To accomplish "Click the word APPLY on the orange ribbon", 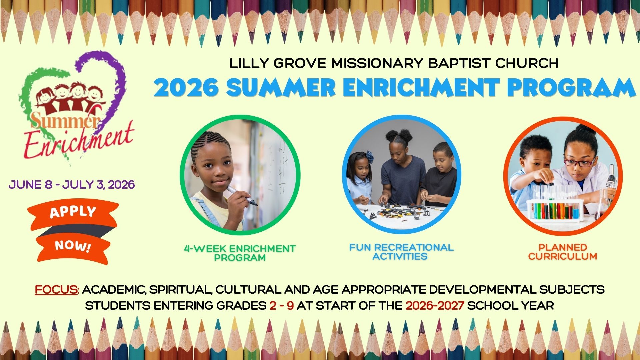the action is click(x=73, y=212).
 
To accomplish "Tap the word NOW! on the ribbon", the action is click(x=73, y=246).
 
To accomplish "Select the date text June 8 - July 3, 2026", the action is click(x=72, y=185).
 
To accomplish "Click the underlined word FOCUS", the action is click(x=56, y=289).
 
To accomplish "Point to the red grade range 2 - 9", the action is click(x=282, y=305).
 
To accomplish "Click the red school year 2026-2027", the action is click(x=435, y=305).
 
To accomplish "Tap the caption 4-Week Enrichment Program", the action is click(x=240, y=253).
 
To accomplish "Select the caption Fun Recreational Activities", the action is click(x=401, y=252).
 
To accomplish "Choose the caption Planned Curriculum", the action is click(x=563, y=252).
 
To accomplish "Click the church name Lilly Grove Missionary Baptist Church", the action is click(x=394, y=63).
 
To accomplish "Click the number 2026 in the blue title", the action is click(x=187, y=88).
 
